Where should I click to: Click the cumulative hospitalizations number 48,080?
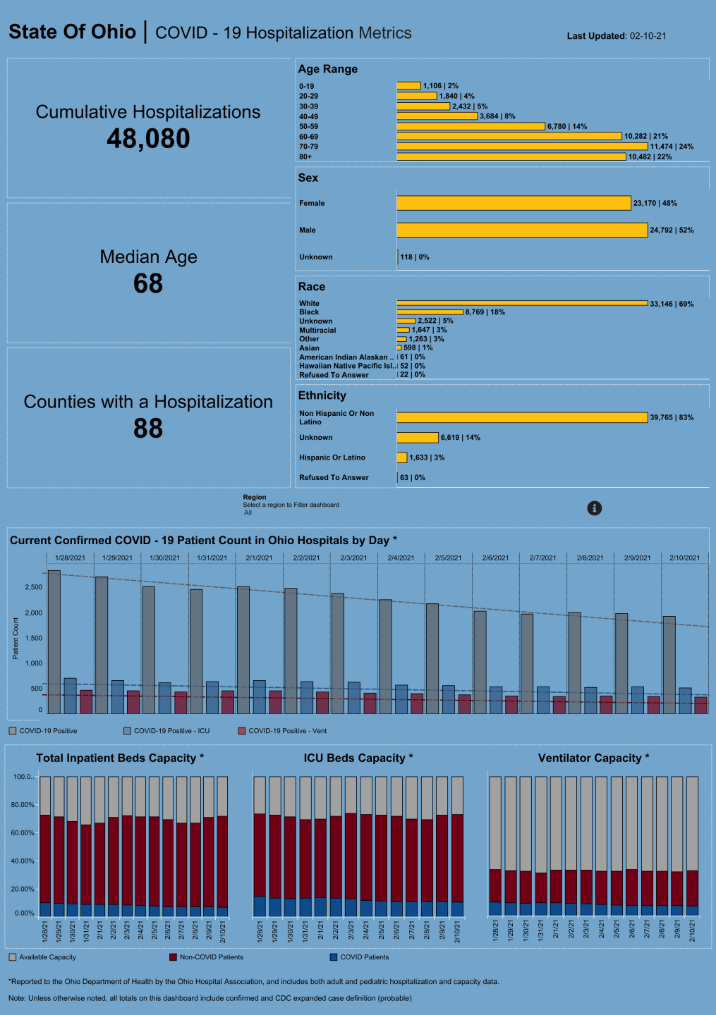click(148, 139)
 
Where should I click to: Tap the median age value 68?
click(148, 284)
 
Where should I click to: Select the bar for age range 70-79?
click(522, 147)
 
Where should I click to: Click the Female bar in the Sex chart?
click(514, 203)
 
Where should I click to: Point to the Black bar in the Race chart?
click(430, 312)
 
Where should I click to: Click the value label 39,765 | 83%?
click(672, 418)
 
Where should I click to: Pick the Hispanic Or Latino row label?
click(332, 457)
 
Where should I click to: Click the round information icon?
click(595, 508)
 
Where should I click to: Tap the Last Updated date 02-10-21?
click(648, 36)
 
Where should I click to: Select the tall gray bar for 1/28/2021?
click(54, 641)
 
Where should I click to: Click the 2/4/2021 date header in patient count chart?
click(401, 558)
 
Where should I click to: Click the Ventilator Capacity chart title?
click(593, 758)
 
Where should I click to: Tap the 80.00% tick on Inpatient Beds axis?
click(23, 805)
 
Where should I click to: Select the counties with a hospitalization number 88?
click(148, 429)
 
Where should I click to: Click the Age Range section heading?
click(327, 69)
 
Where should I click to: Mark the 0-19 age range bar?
click(408, 86)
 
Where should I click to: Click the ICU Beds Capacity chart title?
click(358, 758)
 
